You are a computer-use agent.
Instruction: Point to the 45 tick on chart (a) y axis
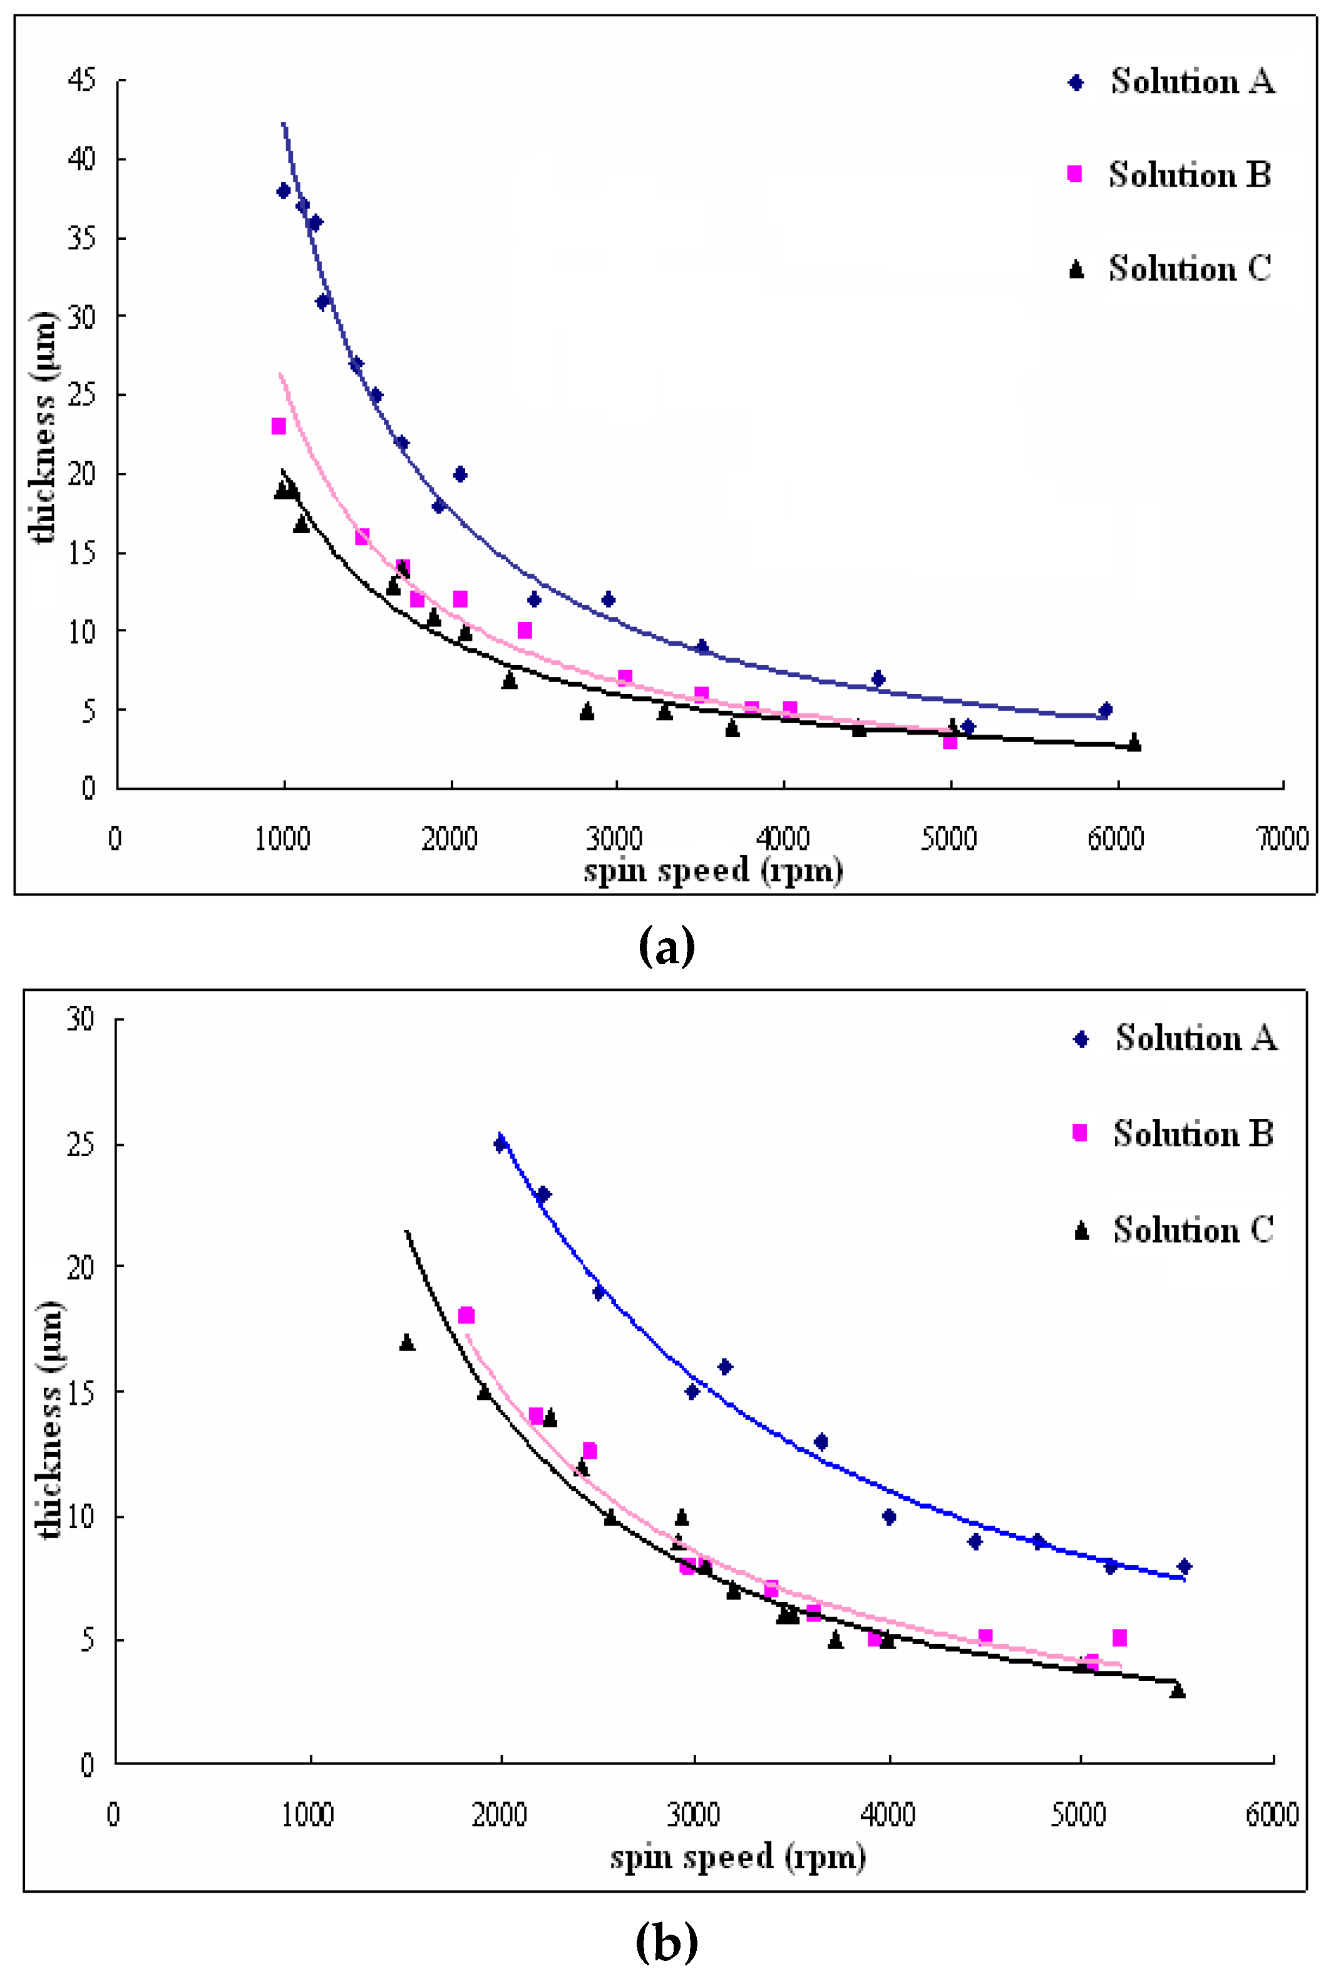pos(81,80)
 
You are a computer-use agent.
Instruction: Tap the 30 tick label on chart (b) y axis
pos(81,1018)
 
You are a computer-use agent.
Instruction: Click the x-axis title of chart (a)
pos(713,871)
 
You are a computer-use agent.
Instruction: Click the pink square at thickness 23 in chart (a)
pos(279,427)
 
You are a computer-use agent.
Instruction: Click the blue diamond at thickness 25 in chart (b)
pos(501,1144)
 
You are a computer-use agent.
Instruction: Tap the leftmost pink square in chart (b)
pos(466,1315)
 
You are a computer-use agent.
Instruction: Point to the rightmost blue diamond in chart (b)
pos(1184,1566)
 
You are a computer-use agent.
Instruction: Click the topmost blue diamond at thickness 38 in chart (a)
pos(284,191)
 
